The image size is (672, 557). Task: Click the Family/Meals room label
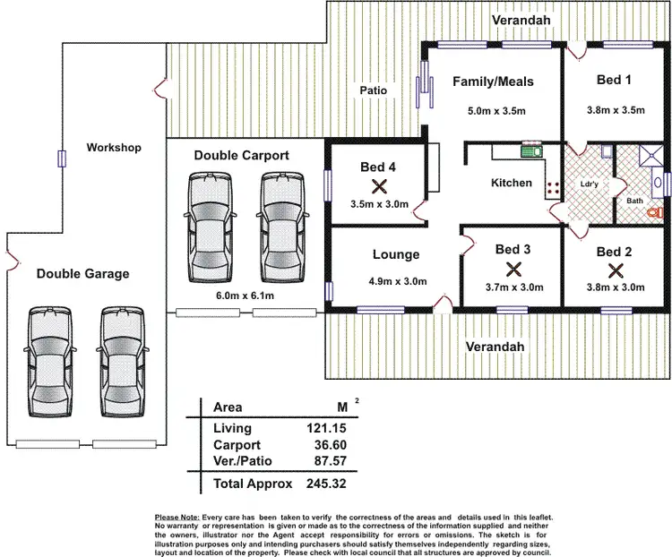[x=493, y=81]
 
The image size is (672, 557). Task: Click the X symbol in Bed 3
[x=513, y=268]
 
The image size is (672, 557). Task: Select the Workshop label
[x=114, y=147]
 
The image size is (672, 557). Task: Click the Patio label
[x=373, y=90]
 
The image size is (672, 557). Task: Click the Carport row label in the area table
[x=237, y=445]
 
